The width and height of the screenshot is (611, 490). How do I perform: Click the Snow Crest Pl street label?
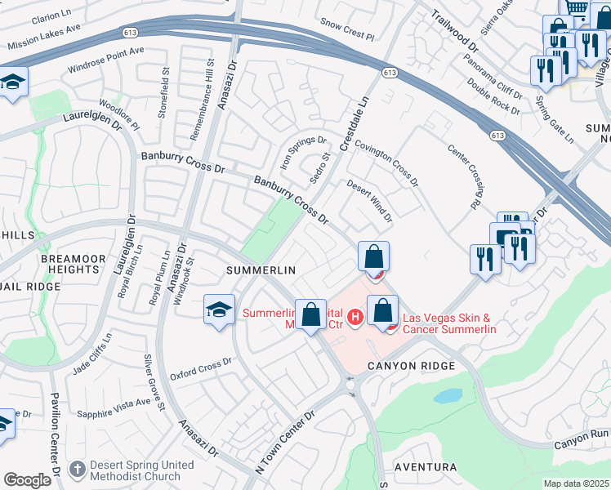pos(346,30)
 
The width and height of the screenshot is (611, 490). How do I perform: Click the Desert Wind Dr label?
pos(369,202)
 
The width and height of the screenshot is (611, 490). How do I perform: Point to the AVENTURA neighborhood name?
pos(425,467)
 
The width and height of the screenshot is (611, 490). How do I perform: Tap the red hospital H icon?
pos(355,316)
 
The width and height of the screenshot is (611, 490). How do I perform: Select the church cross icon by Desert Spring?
pos(77,470)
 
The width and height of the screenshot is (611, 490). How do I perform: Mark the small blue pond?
pos(447,396)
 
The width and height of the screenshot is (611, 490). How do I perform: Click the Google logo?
pos(27,479)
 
